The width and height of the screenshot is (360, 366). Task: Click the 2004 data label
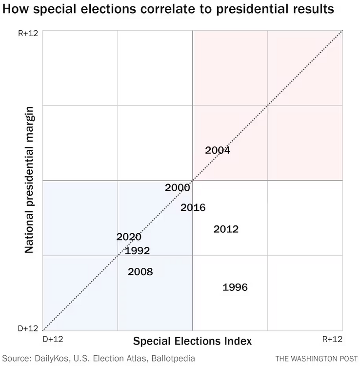(218, 150)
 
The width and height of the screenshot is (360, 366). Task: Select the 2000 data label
(178, 187)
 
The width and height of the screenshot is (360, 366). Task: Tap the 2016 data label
(193, 207)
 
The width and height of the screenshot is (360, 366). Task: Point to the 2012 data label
(226, 229)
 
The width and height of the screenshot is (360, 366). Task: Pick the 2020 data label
(129, 237)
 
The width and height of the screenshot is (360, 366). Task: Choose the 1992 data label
(137, 251)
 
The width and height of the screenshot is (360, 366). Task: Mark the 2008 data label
(140, 272)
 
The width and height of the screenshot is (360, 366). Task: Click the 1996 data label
(235, 287)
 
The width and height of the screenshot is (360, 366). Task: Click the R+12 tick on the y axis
(28, 34)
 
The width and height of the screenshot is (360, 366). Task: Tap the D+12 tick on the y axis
(28, 328)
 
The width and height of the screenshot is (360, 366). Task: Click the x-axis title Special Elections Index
(192, 341)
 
